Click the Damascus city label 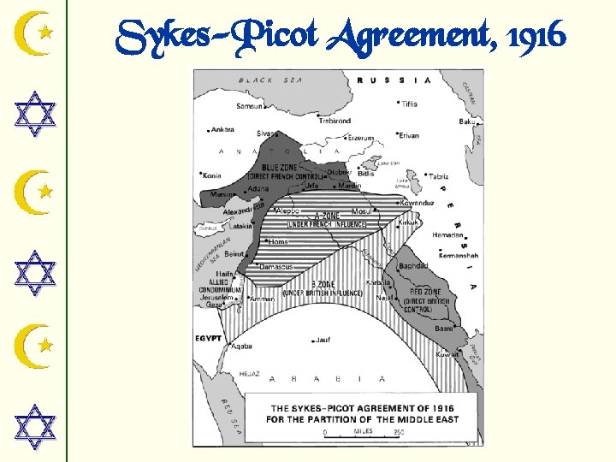pos(276,267)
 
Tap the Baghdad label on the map pos(412,266)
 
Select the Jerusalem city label pos(218,296)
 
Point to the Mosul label pos(362,210)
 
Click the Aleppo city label pos(287,210)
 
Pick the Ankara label pos(222,130)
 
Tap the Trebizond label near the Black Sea pos(335,121)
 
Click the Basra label pos(443,328)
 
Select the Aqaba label pos(242,346)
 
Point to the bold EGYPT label pos(208,339)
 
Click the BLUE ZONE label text pos(283,167)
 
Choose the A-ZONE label pos(328,216)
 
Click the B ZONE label pos(322,284)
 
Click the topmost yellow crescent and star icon pos(37,33)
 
